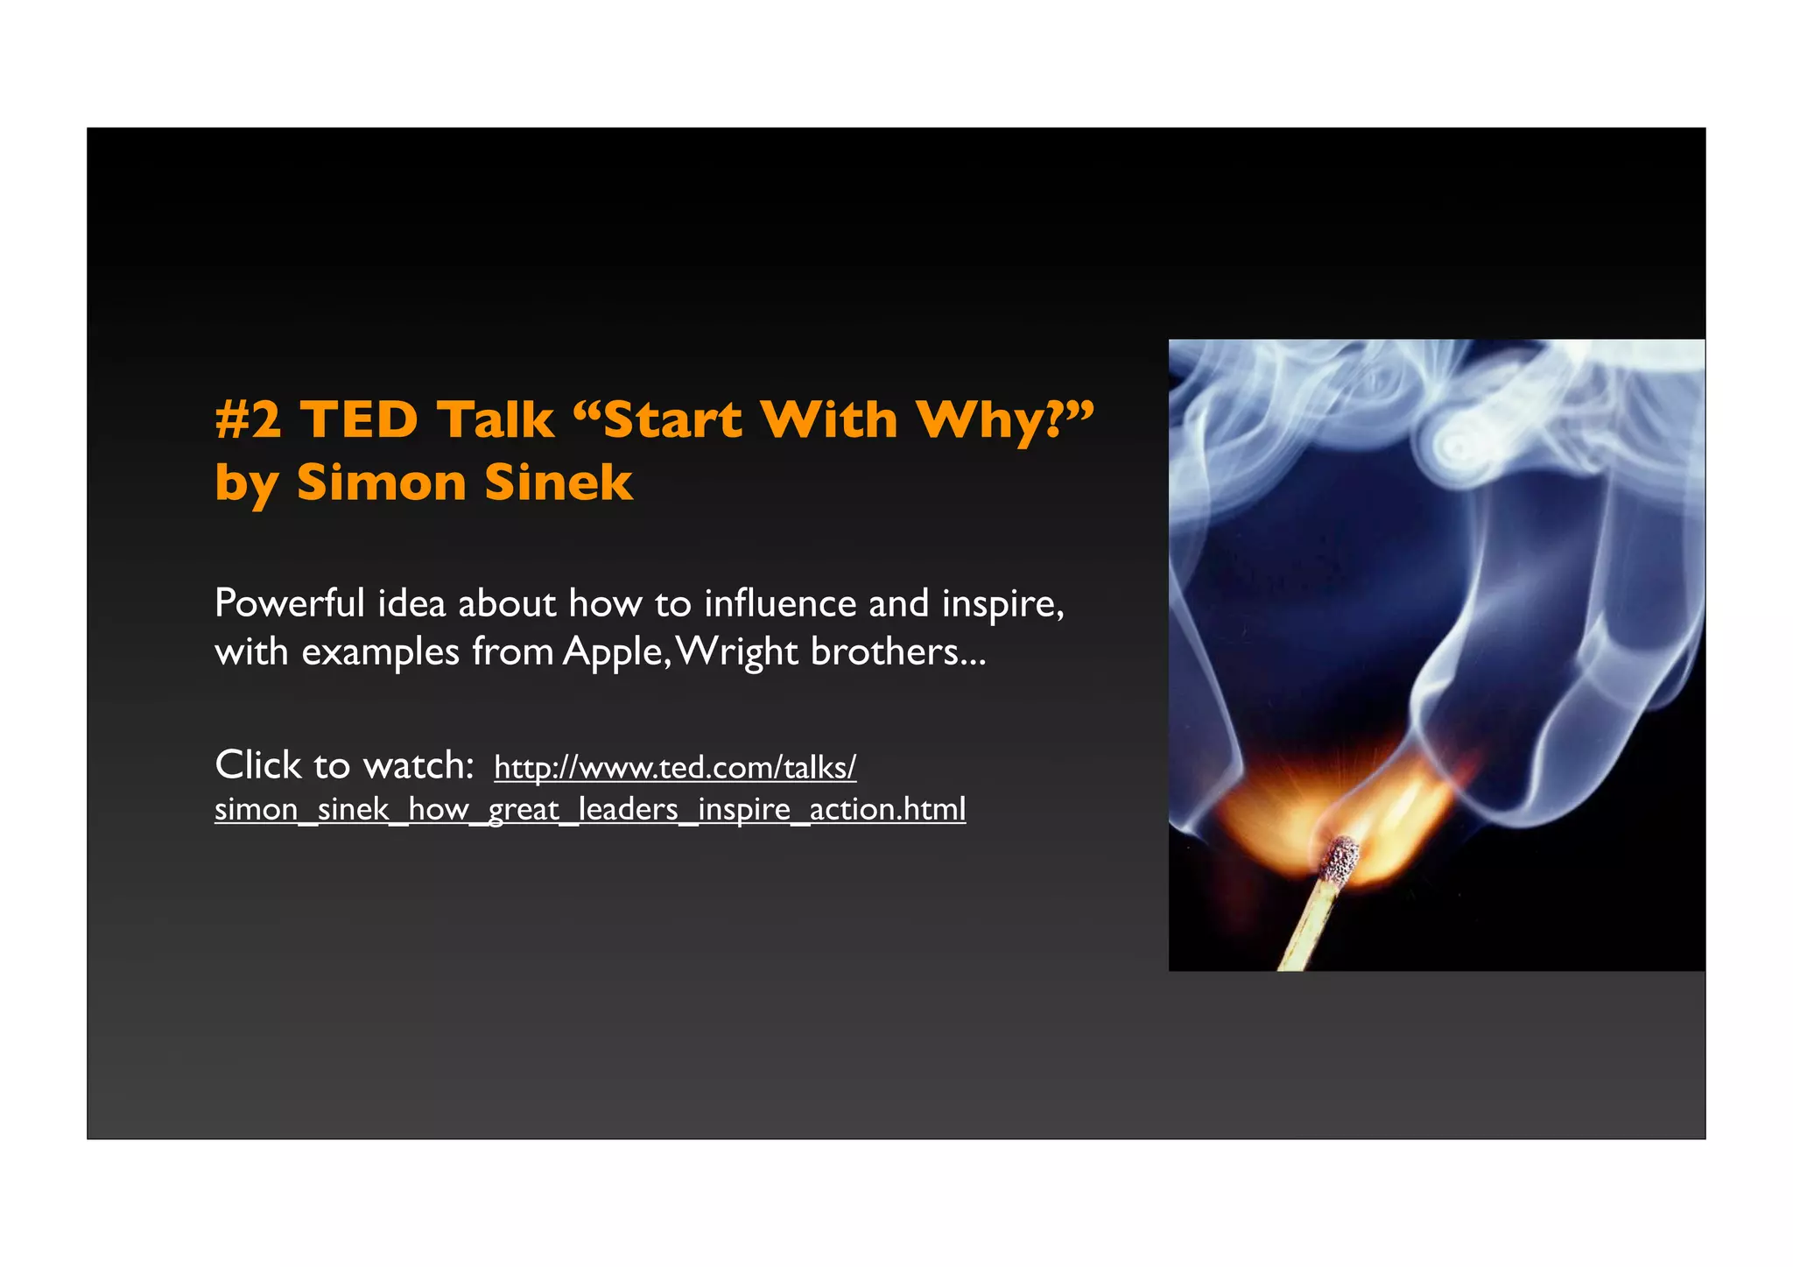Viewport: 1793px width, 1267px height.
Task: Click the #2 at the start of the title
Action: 249,419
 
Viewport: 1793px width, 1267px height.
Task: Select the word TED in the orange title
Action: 360,419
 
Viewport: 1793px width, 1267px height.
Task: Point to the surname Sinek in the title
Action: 558,482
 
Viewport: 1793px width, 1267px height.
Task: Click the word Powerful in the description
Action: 289,603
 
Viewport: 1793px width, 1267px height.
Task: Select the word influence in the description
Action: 780,603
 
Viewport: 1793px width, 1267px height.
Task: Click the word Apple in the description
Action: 613,652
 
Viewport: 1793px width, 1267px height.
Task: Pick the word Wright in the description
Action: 738,652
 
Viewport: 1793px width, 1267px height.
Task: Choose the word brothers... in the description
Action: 898,651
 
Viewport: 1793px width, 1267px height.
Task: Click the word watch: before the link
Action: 418,765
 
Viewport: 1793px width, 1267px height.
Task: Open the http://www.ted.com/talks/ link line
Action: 675,767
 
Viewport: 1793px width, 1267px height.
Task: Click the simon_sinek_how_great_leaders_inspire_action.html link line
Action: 590,809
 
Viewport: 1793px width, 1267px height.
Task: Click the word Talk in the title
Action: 496,419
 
